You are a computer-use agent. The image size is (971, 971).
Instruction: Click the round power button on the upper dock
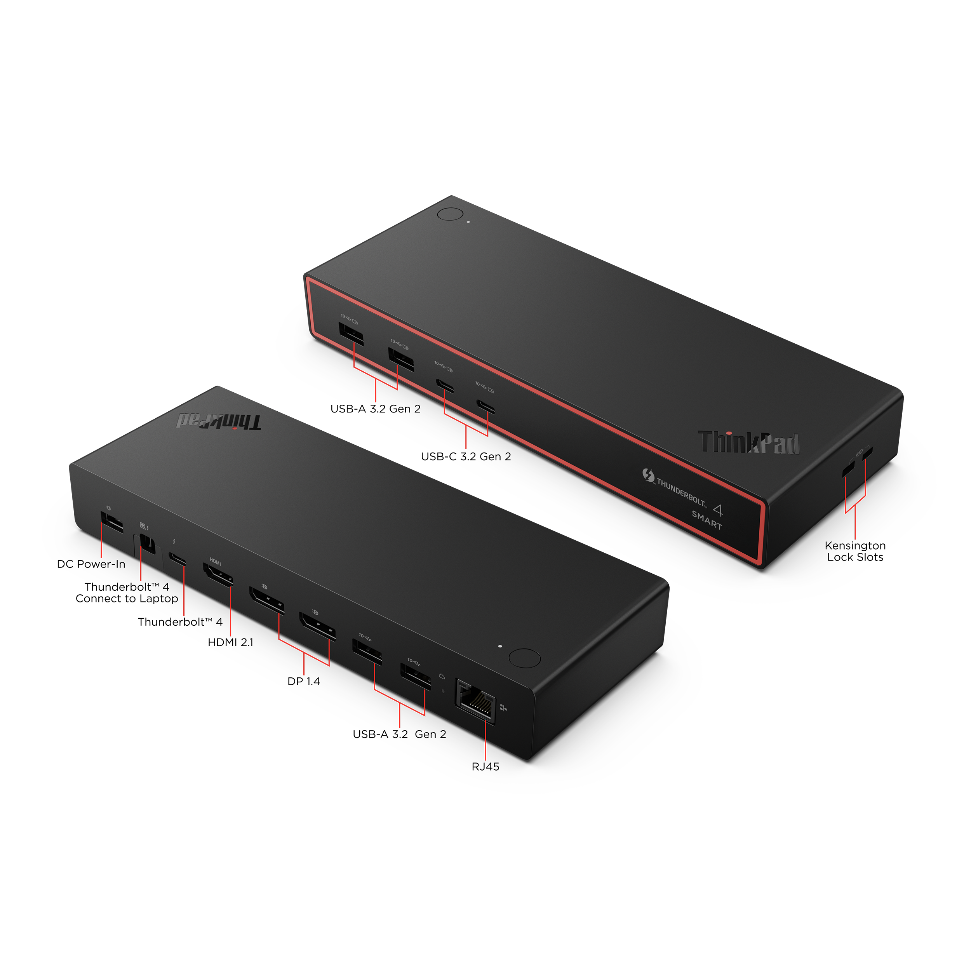click(450, 214)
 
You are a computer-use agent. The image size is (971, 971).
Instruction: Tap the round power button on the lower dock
click(525, 658)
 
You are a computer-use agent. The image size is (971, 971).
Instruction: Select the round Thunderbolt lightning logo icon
click(648, 475)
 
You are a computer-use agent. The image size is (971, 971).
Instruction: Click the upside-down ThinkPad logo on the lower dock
click(219, 422)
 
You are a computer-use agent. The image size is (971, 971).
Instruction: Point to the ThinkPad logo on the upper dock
click(748, 443)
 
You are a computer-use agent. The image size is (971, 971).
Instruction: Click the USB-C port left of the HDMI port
click(178, 559)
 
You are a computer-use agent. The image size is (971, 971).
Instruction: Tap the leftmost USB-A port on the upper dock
click(351, 334)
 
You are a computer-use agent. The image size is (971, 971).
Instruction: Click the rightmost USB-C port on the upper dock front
click(486, 406)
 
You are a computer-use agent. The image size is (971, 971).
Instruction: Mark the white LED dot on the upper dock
click(469, 222)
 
